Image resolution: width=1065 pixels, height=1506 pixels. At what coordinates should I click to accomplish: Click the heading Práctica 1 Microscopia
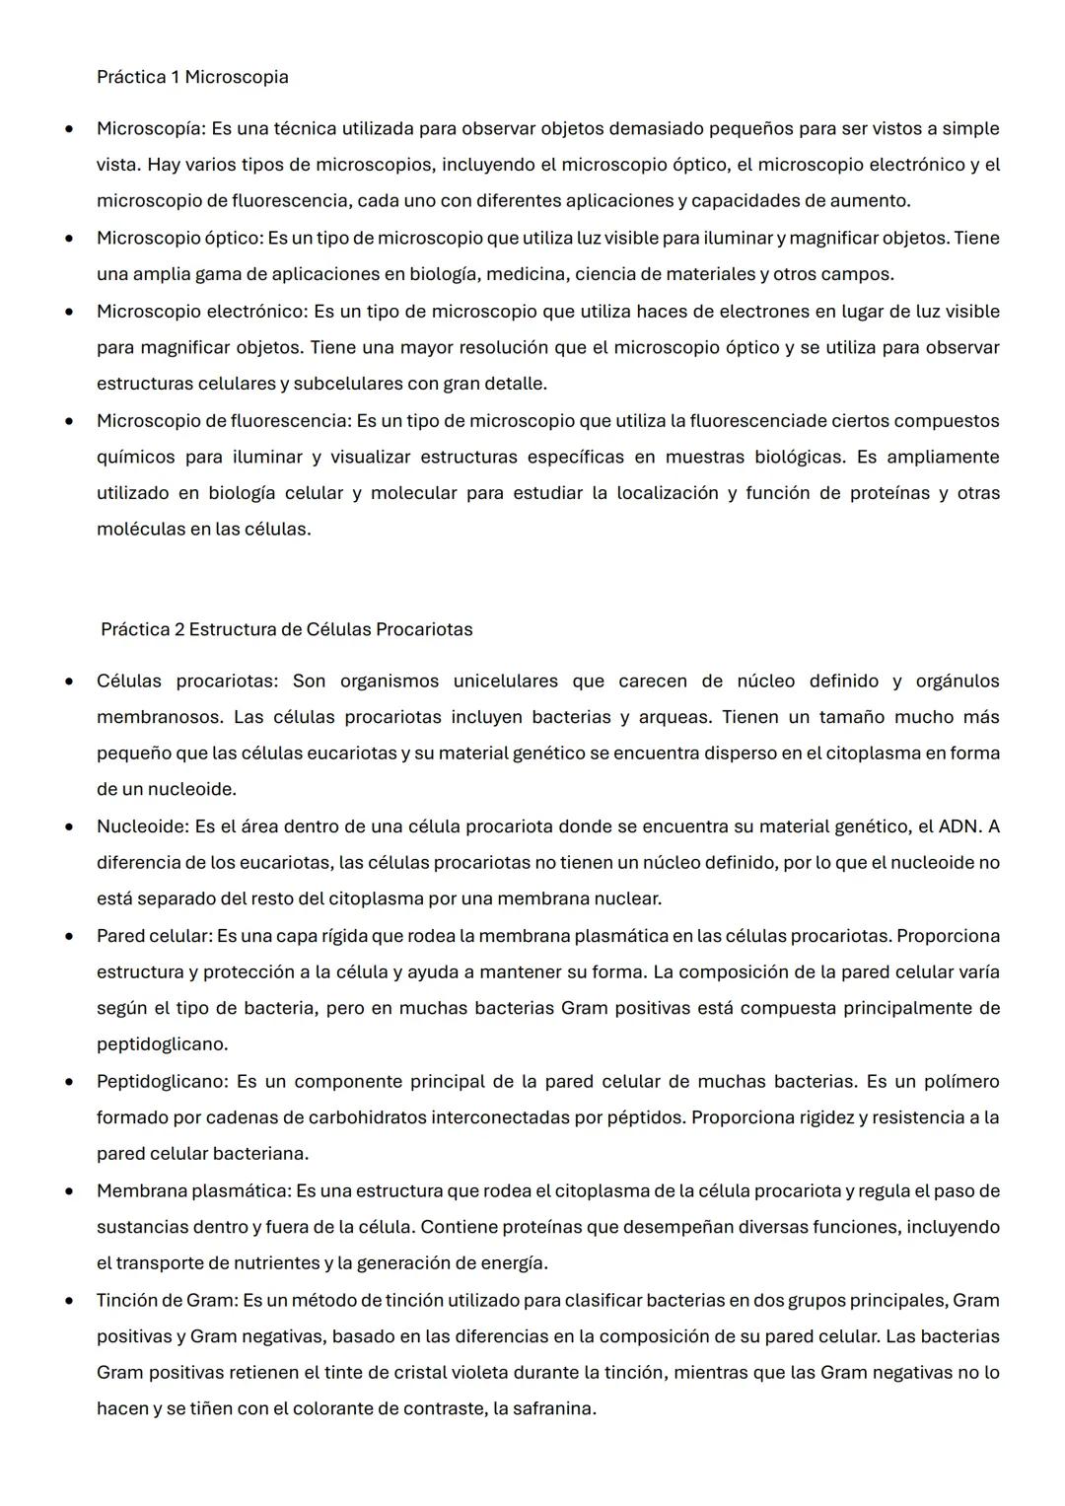pyautogui.click(x=192, y=77)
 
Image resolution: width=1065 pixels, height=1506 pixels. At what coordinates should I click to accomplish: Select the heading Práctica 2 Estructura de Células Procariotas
pyautogui.click(x=286, y=629)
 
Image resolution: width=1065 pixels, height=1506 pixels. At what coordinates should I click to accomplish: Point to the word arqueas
pyautogui.click(x=674, y=717)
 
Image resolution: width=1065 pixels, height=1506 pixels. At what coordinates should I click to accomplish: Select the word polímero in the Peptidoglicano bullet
pyautogui.click(x=961, y=1081)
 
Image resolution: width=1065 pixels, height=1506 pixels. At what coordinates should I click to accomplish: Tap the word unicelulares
pyautogui.click(x=505, y=681)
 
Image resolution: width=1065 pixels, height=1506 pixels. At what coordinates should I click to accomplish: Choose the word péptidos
pyautogui.click(x=652, y=1117)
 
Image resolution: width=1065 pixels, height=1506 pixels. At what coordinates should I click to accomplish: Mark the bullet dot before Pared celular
pyautogui.click(x=69, y=936)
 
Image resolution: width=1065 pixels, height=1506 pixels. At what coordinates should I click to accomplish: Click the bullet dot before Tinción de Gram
pyautogui.click(x=69, y=1301)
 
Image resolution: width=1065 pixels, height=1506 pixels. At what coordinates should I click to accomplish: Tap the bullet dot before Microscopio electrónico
pyautogui.click(x=69, y=312)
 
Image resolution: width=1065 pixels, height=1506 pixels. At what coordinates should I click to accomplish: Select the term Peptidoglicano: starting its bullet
pyautogui.click(x=163, y=1081)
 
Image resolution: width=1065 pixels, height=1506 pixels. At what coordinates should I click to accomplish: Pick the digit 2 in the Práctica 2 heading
pyautogui.click(x=179, y=629)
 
